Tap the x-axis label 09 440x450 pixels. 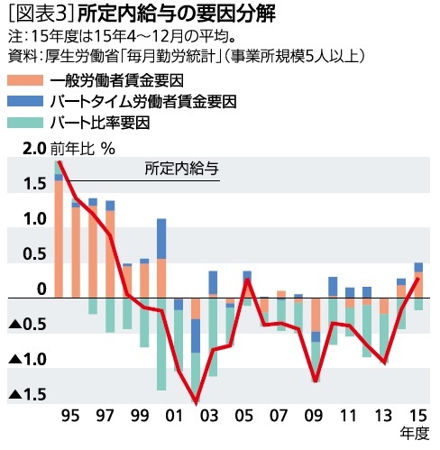[x=315, y=416]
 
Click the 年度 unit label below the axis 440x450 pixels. [x=415, y=435]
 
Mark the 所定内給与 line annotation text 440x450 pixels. [x=181, y=169]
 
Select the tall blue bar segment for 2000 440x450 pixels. [x=161, y=238]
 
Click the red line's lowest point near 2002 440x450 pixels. [x=196, y=402]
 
